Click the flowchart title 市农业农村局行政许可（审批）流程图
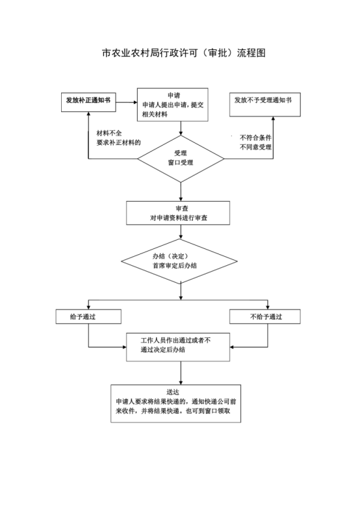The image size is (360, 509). click(184, 53)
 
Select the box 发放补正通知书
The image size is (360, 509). click(88, 102)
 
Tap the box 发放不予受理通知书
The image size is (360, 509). click(265, 105)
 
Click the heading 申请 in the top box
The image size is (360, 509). click(174, 96)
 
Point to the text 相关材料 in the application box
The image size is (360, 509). click(155, 114)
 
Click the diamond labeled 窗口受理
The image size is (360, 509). click(181, 159)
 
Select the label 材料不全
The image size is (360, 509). click(109, 133)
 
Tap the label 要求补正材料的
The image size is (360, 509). click(118, 142)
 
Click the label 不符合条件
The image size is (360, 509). click(255, 138)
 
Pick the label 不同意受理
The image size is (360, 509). click(255, 147)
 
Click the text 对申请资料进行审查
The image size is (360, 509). click(179, 218)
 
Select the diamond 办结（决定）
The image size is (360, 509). click(179, 261)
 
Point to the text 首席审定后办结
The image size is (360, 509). click(175, 265)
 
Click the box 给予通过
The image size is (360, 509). click(88, 317)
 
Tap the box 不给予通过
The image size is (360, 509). click(265, 317)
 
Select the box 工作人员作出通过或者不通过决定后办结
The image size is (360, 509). click(178, 347)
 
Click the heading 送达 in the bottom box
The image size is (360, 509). click(173, 392)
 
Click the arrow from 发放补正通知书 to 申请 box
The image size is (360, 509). click(127, 102)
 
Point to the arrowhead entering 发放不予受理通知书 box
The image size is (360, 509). click(273, 118)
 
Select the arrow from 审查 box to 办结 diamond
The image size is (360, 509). click(181, 232)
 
